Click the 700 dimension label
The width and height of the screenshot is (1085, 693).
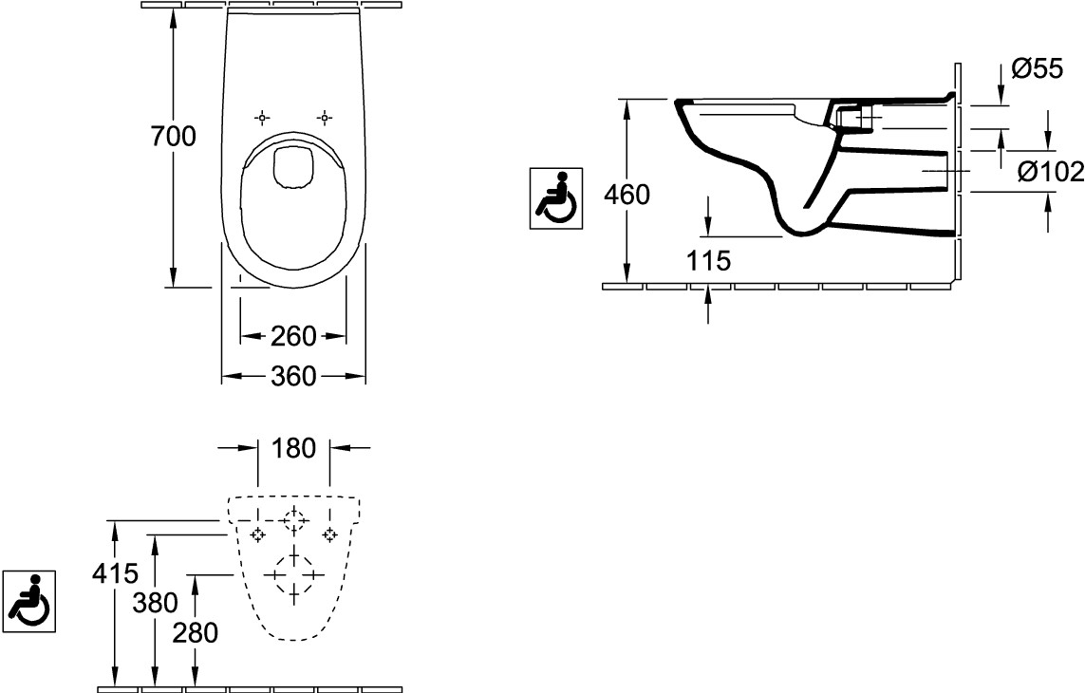click(174, 137)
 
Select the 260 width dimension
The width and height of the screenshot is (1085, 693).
click(293, 336)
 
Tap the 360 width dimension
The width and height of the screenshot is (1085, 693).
click(293, 377)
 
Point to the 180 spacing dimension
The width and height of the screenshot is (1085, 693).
click(294, 448)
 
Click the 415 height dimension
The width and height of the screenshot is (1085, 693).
click(116, 572)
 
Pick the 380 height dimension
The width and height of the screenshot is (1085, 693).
click(156, 603)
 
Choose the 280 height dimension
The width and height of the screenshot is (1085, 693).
click(196, 633)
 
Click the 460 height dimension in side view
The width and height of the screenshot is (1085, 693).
click(627, 195)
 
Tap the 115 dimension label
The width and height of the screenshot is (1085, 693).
click(708, 261)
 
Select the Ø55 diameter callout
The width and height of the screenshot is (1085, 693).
click(1037, 68)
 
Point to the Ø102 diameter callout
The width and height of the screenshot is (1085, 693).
click(1051, 171)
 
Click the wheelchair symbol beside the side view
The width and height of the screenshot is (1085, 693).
click(556, 198)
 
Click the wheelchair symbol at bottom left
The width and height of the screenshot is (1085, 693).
click(29, 601)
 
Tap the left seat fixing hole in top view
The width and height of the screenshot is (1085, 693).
click(262, 118)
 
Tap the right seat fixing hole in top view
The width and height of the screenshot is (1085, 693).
click(325, 118)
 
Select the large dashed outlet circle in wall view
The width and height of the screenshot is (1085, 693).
click(294, 575)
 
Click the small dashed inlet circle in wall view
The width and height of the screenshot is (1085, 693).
click(294, 518)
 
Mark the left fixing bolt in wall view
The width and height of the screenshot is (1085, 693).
click(258, 534)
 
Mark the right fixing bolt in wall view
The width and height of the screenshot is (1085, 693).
click(329, 534)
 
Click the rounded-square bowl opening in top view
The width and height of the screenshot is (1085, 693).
click(294, 167)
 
